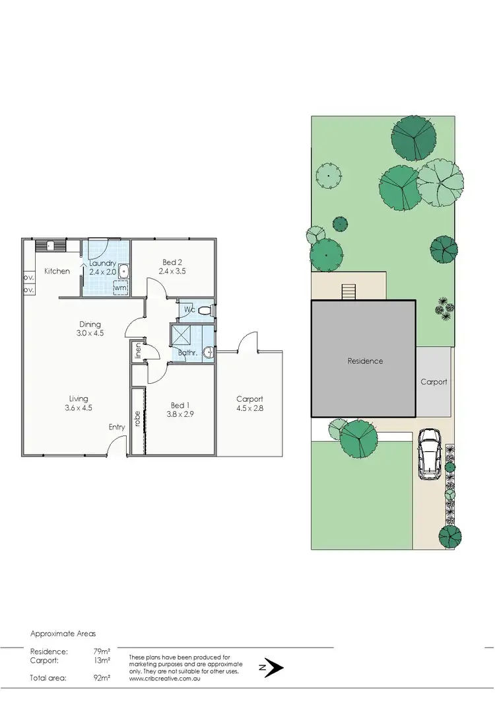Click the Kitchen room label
click(57, 271)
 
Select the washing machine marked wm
click(120, 287)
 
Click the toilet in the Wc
click(205, 309)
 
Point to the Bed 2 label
click(174, 262)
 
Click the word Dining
click(90, 324)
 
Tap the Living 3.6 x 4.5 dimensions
click(79, 408)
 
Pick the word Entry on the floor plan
click(117, 427)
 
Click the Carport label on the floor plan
click(249, 399)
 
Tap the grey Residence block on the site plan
click(365, 361)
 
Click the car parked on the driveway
click(430, 453)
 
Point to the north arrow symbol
click(273, 668)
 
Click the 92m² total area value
click(102, 678)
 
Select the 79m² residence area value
click(102, 651)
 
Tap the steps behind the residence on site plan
click(348, 291)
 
